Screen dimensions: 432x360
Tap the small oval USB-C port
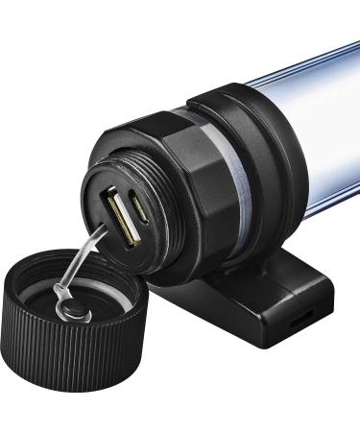(141, 208)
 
